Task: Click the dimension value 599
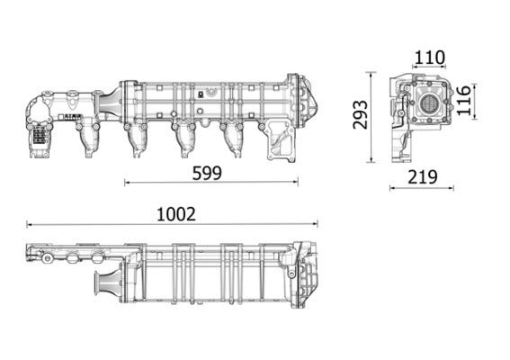(x=207, y=173)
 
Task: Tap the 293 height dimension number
(x=360, y=113)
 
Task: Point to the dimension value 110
(x=429, y=58)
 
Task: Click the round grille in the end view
(x=429, y=103)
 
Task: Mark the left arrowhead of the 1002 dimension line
(x=30, y=224)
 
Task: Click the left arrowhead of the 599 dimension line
(x=127, y=182)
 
